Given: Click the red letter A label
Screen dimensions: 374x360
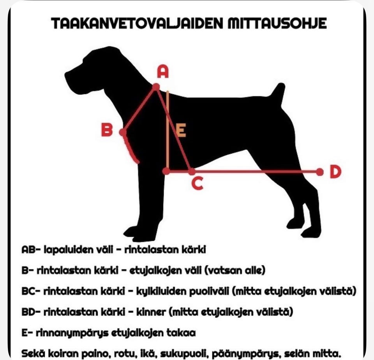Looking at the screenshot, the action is click(163, 72).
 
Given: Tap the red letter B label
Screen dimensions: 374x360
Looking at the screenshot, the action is click(107, 130).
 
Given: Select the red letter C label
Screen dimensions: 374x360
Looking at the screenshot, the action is click(198, 184).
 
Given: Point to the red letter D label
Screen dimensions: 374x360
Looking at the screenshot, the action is click(336, 172).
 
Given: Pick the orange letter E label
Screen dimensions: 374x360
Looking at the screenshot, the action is click(181, 130).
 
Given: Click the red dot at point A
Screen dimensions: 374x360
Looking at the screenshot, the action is click(156, 87).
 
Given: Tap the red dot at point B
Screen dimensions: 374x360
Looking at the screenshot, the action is click(123, 132).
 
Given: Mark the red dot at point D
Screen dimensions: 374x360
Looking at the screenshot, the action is click(320, 172).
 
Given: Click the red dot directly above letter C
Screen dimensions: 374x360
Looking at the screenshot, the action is click(192, 171).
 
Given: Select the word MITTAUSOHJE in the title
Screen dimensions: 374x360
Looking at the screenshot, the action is click(277, 23).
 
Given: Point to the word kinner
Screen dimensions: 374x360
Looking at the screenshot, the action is click(151, 312).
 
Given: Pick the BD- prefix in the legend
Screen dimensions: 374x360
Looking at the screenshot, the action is click(31, 312).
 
